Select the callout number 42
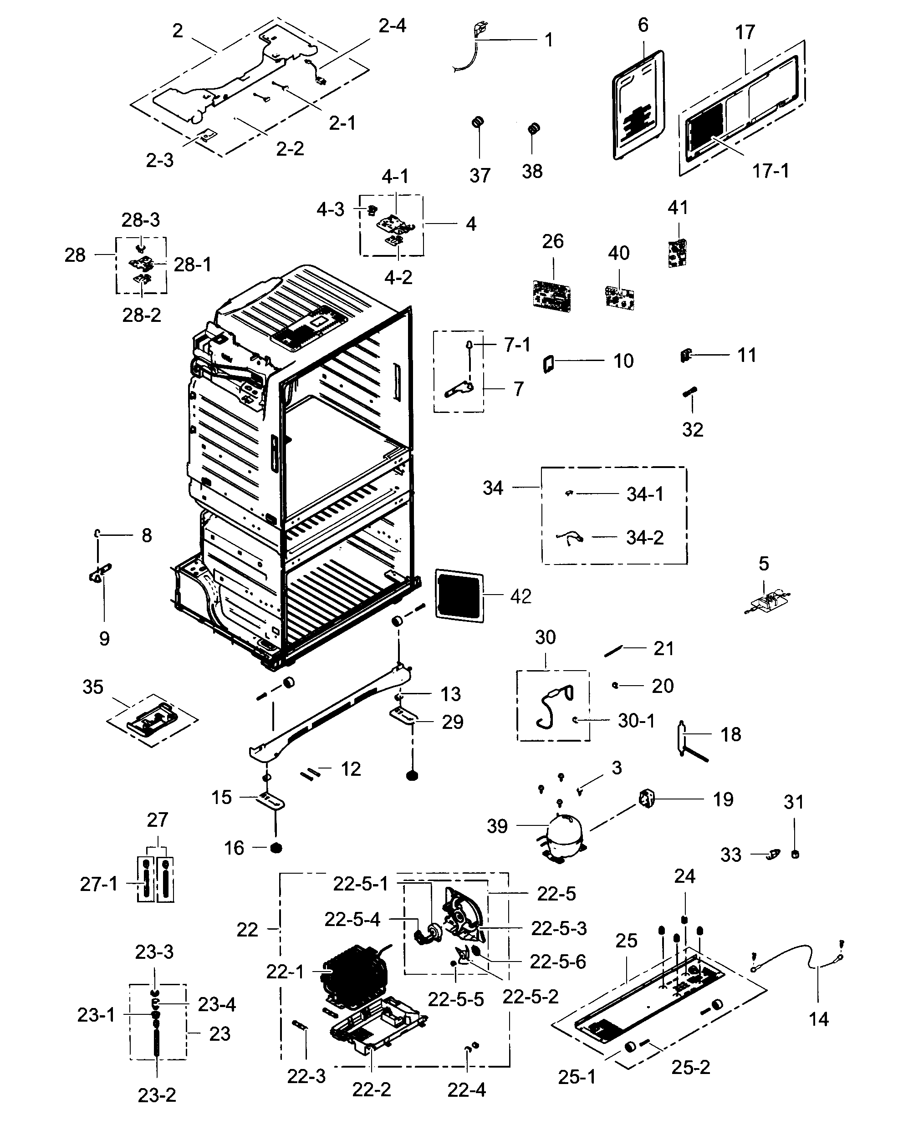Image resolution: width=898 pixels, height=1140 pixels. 520,596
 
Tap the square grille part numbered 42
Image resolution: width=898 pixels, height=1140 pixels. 459,595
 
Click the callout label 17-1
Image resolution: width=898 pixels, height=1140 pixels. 770,171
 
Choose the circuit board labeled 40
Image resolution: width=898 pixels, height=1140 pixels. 619,296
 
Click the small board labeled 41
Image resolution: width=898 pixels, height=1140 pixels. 678,253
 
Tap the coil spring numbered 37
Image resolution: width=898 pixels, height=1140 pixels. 477,123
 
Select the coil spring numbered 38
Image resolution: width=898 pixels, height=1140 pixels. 534,128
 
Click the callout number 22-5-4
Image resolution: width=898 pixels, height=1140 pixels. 352,919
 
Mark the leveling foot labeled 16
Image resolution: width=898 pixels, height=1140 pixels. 275,848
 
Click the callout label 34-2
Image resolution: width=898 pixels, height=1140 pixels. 644,538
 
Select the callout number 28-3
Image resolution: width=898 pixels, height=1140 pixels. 140,220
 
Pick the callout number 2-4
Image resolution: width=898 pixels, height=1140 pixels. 392,26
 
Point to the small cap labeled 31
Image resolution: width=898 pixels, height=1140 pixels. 795,855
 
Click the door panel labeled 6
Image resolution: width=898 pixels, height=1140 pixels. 638,105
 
